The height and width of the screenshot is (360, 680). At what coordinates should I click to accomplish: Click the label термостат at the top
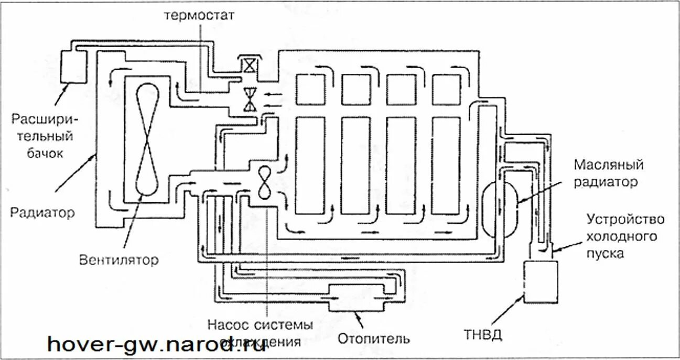[x=199, y=14]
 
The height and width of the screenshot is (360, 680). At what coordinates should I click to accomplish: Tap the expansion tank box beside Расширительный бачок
[x=68, y=66]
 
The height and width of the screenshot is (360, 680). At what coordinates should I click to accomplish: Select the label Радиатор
[x=42, y=213]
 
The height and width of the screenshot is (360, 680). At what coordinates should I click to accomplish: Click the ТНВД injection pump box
[x=541, y=281]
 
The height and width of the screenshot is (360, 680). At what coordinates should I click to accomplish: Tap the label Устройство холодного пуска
[x=621, y=236]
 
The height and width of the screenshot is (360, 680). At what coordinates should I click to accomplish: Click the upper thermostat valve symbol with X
[x=247, y=64]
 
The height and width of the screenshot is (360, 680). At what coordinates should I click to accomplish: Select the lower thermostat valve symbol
[x=249, y=100]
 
